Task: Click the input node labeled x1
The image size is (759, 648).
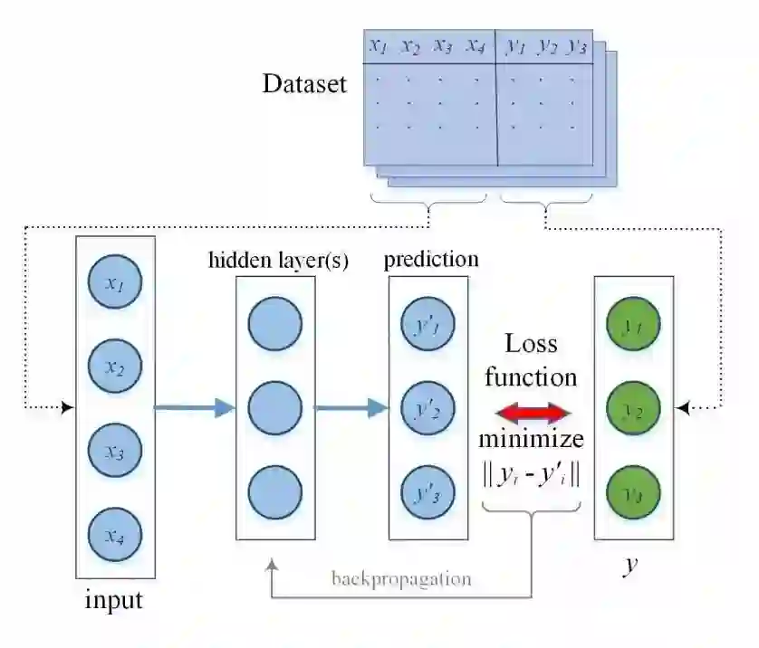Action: pos(113,284)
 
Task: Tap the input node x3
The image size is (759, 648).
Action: pos(113,453)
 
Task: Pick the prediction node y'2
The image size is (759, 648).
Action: pos(427,409)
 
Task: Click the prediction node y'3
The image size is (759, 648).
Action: pos(427,493)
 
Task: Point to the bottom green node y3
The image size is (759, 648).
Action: pos(632,494)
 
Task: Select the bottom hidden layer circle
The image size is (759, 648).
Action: pos(274,493)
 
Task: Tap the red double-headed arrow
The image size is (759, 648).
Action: pos(533,414)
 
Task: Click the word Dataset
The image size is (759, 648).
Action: pos(304,84)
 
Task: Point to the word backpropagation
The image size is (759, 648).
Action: pos(401,578)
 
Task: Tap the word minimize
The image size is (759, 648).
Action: pos(532,441)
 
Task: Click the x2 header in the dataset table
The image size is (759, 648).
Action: pos(410,46)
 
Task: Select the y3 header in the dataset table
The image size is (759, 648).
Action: pos(575,46)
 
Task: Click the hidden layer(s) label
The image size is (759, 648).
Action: pos(279,261)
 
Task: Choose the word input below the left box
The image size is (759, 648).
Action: pos(113,599)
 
